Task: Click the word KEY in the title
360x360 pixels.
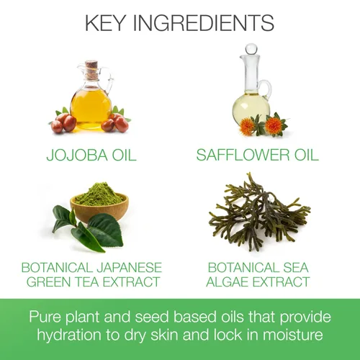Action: [105, 23]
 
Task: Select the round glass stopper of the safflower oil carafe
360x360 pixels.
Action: [251, 49]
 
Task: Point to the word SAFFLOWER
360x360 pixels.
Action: [243, 155]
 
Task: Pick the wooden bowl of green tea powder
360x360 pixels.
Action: [99, 207]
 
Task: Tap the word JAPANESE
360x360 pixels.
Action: [130, 268]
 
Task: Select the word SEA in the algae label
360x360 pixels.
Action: [296, 268]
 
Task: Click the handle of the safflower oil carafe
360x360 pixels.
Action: [267, 89]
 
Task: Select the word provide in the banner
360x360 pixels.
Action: [305, 318]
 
